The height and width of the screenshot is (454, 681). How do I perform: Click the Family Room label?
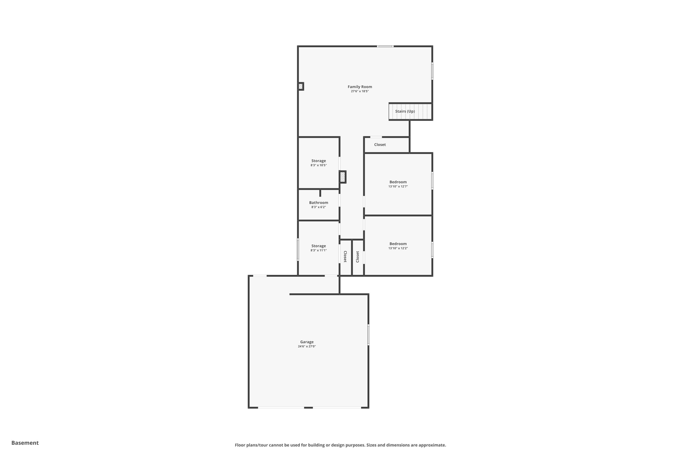(x=360, y=86)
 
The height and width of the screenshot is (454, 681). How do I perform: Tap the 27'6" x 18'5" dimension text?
(x=360, y=91)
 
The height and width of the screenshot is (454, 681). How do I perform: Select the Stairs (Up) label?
(x=405, y=111)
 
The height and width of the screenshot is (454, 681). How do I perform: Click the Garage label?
(x=307, y=342)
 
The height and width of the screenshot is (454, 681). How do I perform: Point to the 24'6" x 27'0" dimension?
(x=307, y=346)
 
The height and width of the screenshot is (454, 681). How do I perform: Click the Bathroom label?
(x=318, y=203)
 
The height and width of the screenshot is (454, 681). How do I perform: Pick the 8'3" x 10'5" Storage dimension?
(x=318, y=165)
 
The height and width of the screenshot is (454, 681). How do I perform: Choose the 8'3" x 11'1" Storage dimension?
(x=318, y=250)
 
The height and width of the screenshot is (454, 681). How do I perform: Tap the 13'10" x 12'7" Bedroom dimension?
(x=398, y=186)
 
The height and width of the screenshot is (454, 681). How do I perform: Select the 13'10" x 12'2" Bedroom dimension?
(x=398, y=248)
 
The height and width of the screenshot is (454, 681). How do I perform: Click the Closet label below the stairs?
(x=380, y=144)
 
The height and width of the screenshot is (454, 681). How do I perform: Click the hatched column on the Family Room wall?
(x=301, y=86)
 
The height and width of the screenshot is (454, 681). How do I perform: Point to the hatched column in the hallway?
(x=343, y=177)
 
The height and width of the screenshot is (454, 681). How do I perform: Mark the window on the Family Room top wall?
(x=385, y=46)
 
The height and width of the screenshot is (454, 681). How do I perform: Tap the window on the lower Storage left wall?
(x=298, y=249)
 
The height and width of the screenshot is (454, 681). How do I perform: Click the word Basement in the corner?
(x=25, y=443)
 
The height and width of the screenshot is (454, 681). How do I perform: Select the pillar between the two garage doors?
(x=308, y=407)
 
